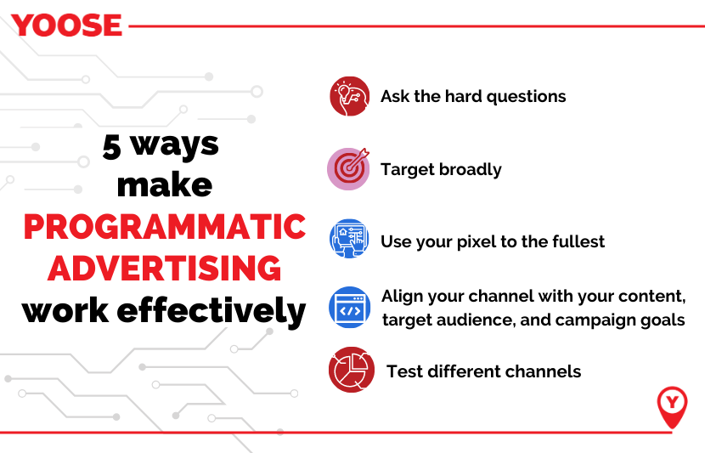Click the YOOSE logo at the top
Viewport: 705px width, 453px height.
point(66,25)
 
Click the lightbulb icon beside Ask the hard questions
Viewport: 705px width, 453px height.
point(349,96)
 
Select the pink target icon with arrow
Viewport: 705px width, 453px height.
point(348,168)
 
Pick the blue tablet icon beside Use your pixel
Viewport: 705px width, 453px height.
point(349,239)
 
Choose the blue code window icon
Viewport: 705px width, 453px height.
point(350,308)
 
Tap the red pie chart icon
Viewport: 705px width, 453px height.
point(352,370)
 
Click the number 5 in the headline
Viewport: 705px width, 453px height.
point(112,147)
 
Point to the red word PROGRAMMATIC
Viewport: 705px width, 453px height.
point(165,226)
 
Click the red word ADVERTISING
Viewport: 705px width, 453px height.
point(165,268)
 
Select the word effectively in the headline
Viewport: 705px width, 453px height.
point(211,310)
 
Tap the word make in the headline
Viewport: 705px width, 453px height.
point(165,185)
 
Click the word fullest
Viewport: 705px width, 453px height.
point(578,241)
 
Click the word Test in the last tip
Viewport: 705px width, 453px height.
point(405,371)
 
